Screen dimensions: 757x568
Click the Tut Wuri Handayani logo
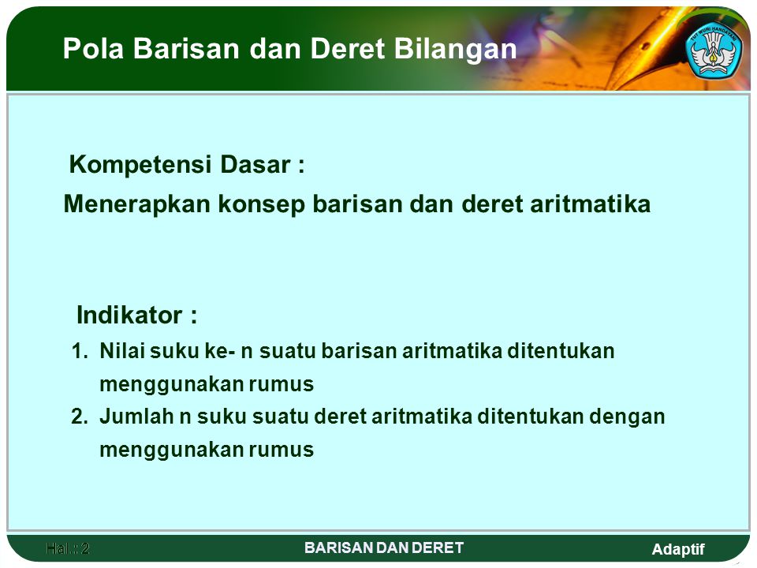(714, 50)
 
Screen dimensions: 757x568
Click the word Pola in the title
(93, 48)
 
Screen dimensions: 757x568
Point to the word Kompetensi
(140, 165)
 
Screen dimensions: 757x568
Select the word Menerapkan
(137, 204)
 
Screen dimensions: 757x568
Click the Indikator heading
(136, 316)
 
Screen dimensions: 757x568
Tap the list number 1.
(80, 351)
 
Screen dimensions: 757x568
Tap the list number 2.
(80, 417)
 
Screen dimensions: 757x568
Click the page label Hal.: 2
(68, 548)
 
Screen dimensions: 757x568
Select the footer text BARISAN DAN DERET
(384, 547)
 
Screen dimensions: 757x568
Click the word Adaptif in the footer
(678, 550)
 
